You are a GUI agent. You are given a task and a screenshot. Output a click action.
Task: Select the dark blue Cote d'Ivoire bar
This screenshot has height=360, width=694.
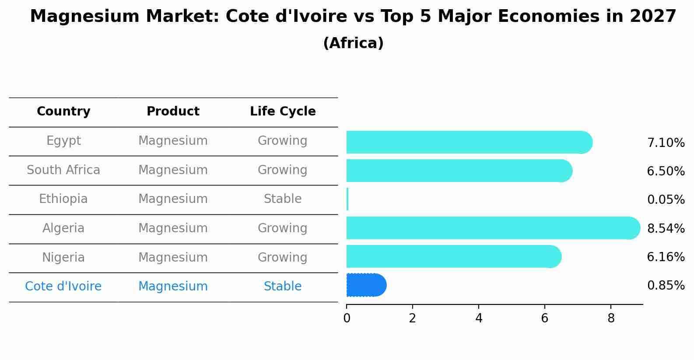(366, 285)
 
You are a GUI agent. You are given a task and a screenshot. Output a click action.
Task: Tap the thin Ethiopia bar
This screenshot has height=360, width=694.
(347, 199)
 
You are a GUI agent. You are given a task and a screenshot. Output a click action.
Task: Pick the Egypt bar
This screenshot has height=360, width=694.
(468, 142)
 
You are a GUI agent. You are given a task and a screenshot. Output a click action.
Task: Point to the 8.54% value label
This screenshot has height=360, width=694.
(666, 228)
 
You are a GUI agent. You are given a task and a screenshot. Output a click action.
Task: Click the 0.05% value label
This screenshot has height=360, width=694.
(666, 200)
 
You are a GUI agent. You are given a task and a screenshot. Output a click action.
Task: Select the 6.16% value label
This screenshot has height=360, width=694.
(666, 257)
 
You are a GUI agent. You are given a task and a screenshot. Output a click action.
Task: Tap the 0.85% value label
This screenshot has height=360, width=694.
(666, 286)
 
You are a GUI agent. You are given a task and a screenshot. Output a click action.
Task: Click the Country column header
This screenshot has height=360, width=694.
(63, 112)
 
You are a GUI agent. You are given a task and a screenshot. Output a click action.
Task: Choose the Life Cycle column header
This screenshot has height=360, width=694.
(283, 112)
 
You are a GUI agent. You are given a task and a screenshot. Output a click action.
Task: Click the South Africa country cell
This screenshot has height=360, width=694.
(63, 170)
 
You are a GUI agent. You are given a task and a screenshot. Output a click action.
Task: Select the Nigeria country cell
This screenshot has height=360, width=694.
(63, 258)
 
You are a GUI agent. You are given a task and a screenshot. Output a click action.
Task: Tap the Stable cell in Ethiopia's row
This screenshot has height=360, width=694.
(283, 199)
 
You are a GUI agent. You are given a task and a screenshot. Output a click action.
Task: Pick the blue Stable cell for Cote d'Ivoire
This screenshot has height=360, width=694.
(283, 287)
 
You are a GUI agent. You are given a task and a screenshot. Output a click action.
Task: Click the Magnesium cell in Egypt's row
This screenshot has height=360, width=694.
(173, 141)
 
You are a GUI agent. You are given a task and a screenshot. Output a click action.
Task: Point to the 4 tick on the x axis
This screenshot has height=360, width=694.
(479, 318)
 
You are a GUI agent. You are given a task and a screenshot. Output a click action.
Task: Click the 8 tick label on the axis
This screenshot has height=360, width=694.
(611, 318)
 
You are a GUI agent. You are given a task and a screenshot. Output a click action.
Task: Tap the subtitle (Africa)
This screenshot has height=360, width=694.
(353, 43)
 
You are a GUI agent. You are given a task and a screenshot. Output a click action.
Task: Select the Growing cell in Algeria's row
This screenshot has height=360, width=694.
(283, 228)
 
